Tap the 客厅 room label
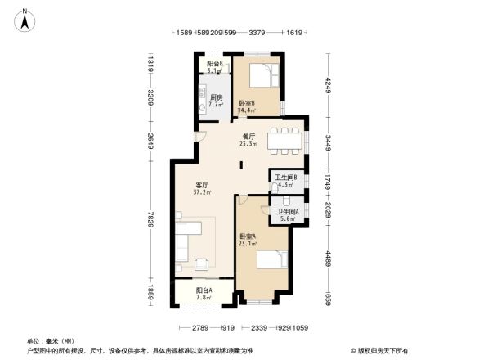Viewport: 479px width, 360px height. pyautogui.click(x=202, y=184)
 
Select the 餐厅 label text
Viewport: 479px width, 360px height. pyautogui.click(x=249, y=136)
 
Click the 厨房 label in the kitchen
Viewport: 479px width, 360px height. pyautogui.click(x=216, y=97)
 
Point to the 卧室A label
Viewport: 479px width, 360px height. pyautogui.click(x=248, y=236)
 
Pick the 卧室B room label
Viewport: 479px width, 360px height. pyautogui.click(x=246, y=103)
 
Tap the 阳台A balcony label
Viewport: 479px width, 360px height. pyautogui.click(x=204, y=290)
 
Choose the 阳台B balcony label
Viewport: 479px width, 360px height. pyautogui.click(x=214, y=63)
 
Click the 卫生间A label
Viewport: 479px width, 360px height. pyautogui.click(x=286, y=211)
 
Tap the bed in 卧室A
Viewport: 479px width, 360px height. pyautogui.click(x=271, y=260)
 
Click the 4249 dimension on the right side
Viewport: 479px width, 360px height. pyautogui.click(x=327, y=86)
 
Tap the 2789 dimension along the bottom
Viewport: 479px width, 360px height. pyautogui.click(x=194, y=328)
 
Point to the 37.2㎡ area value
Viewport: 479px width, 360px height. pyautogui.click(x=202, y=193)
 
